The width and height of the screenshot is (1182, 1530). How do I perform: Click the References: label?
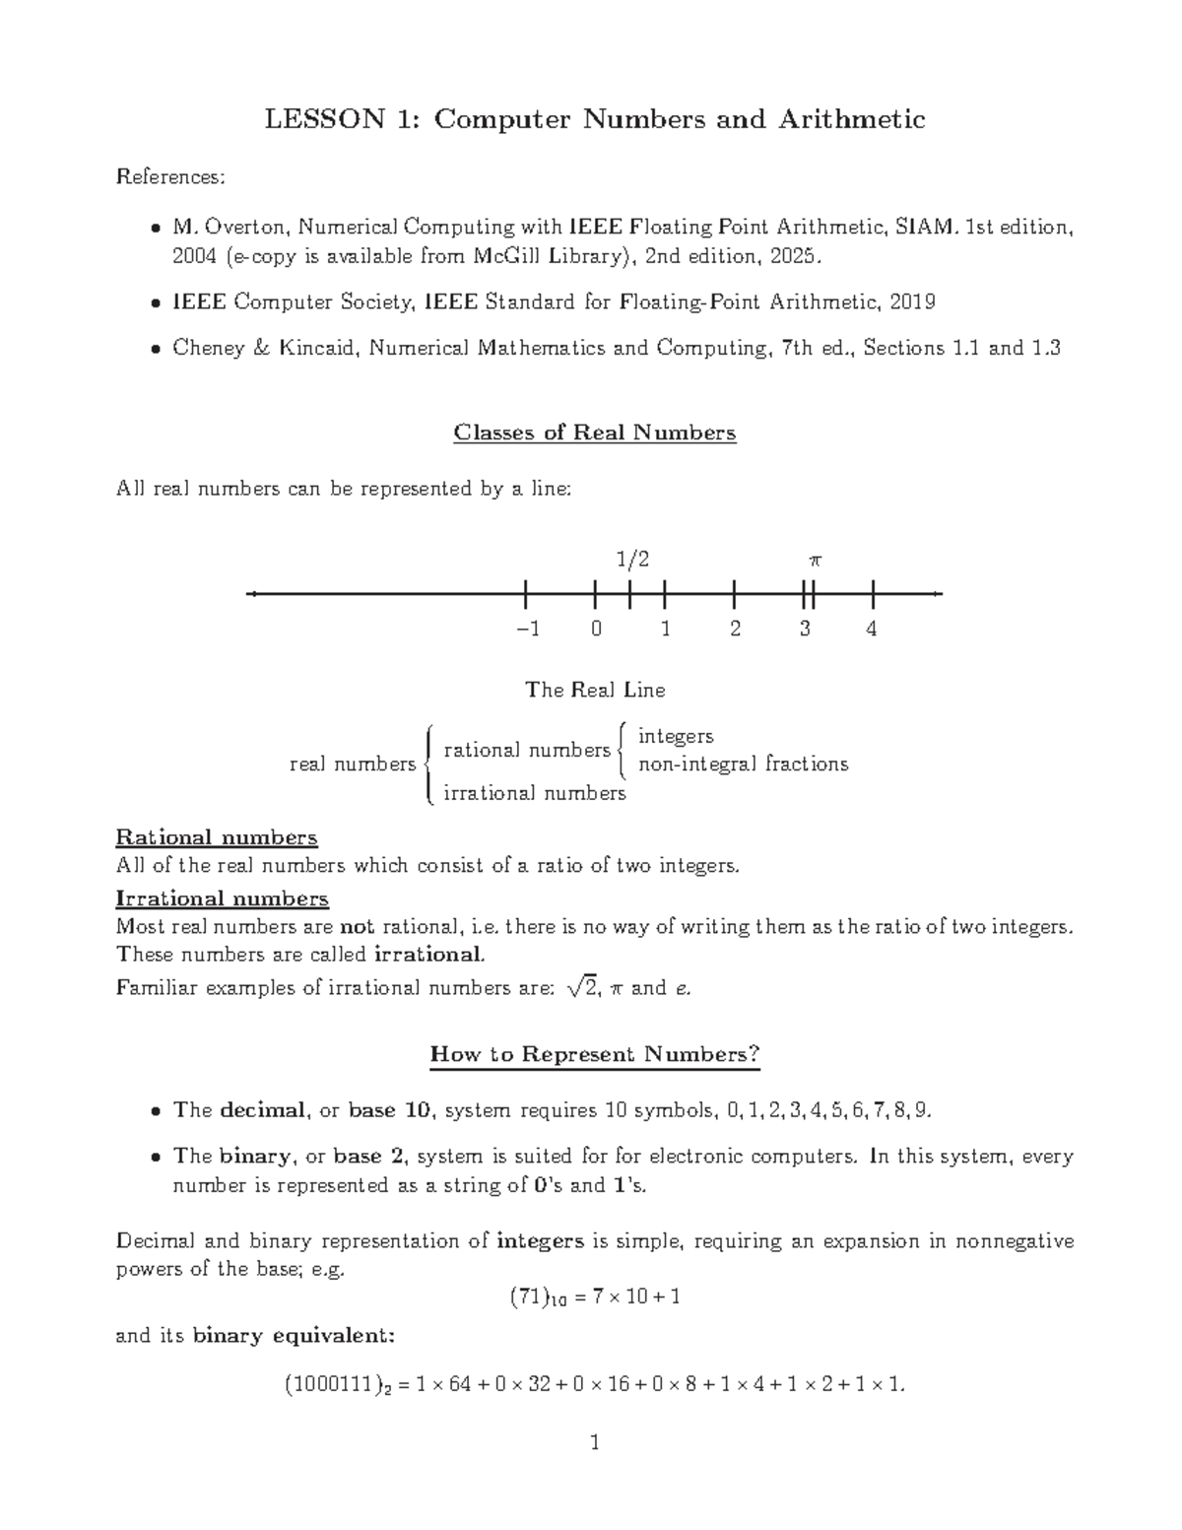coord(170,177)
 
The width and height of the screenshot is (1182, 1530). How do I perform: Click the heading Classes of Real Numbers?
coord(594,432)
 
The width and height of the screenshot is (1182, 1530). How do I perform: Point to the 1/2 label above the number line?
coord(632,560)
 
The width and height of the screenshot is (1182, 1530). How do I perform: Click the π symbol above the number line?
coord(814,561)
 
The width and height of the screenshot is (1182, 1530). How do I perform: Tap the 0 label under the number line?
coord(596,630)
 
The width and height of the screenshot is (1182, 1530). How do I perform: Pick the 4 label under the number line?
coord(871,630)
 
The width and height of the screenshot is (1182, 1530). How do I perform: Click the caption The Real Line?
coord(595,690)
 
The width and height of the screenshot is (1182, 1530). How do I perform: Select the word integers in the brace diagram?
coord(676,736)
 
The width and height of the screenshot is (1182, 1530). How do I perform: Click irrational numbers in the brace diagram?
coord(534,793)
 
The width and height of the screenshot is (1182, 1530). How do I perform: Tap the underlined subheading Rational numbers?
coord(217,837)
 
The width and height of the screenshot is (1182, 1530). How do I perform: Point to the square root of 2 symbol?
coord(582,987)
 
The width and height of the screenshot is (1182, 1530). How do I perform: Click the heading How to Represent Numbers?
coord(595,1054)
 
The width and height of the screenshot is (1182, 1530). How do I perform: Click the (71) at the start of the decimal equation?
coord(527,1297)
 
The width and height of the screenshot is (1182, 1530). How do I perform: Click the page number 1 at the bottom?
coord(594,1444)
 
